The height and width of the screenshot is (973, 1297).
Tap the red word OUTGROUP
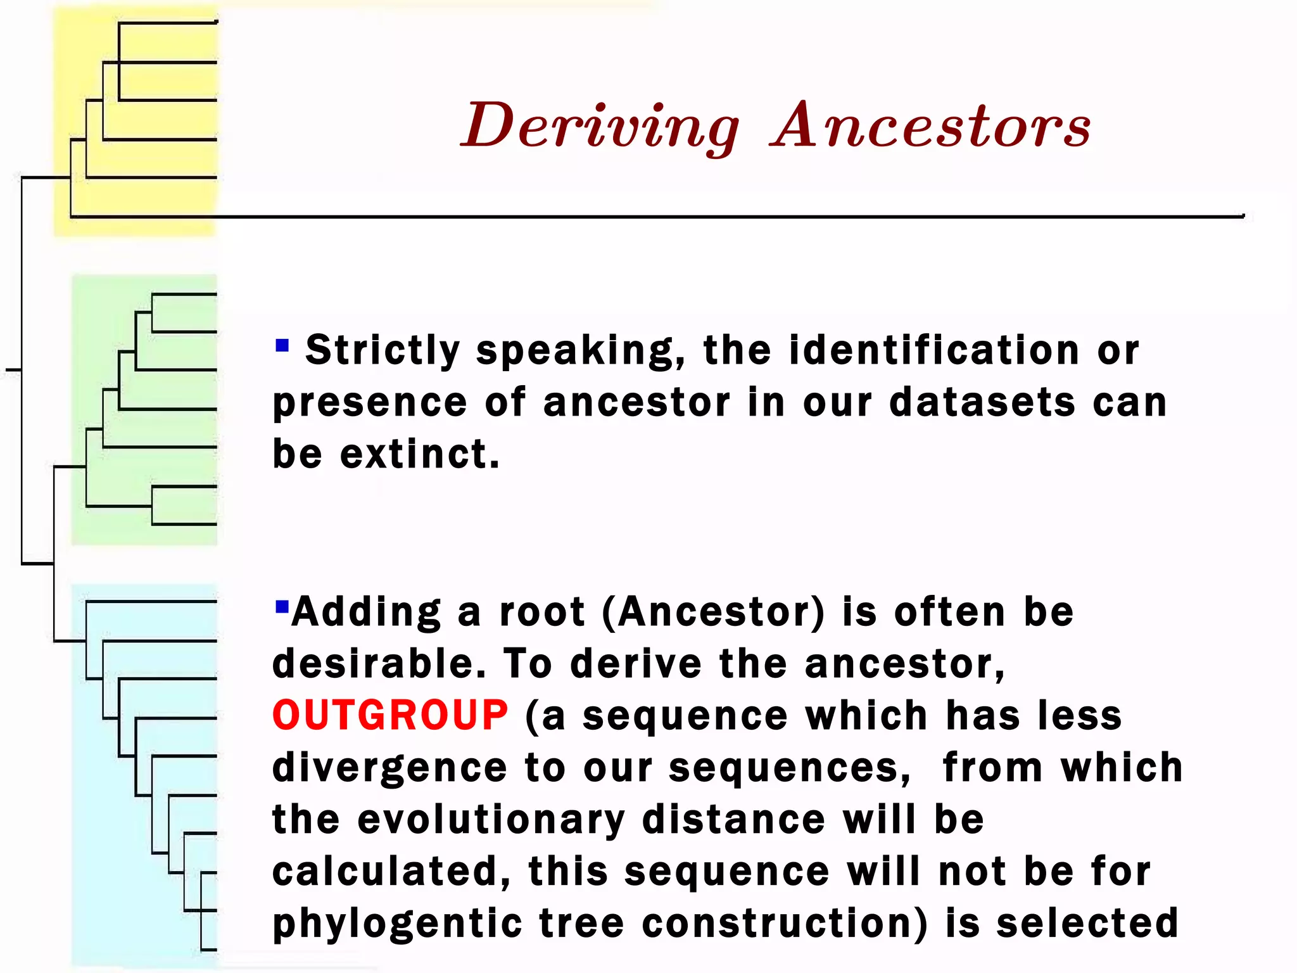click(x=390, y=715)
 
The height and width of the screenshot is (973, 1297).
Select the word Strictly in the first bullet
click(x=383, y=350)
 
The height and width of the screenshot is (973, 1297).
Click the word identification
click(x=934, y=350)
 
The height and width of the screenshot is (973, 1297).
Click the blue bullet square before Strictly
click(x=282, y=345)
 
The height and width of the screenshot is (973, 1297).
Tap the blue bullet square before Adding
click(x=282, y=607)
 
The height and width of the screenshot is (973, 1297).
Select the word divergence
click(x=389, y=767)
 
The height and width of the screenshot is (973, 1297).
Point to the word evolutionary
click(x=491, y=819)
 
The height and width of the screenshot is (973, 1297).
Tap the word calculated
click(x=391, y=871)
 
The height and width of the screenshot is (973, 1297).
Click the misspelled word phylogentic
click(x=397, y=923)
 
